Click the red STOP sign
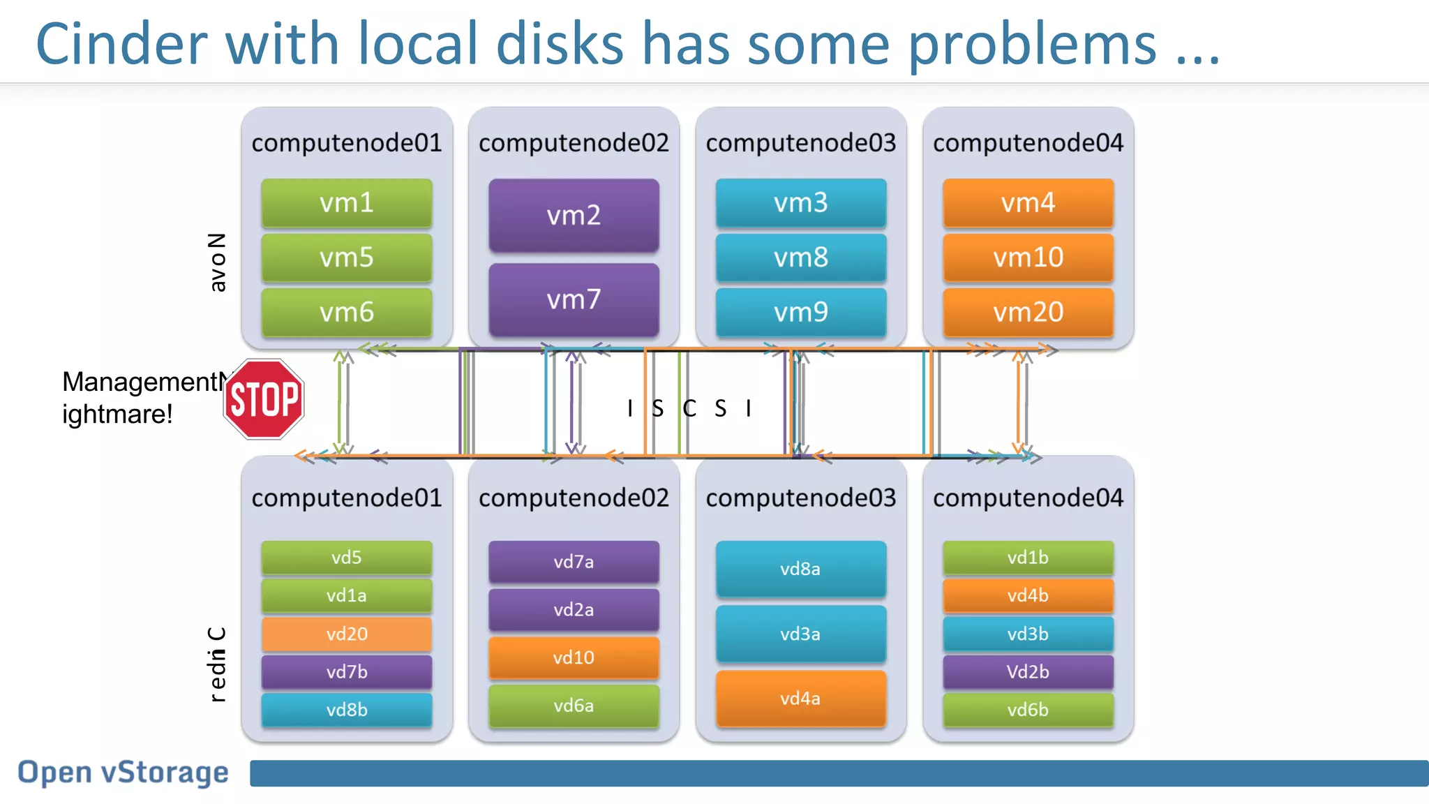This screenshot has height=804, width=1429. tap(264, 399)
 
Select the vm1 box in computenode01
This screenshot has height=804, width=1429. tap(347, 203)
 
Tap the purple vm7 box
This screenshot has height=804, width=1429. tap(574, 299)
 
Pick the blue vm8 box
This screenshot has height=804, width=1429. tap(800, 258)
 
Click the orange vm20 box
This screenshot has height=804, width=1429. tap(1028, 312)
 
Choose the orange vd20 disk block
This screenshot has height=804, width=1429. tap(347, 634)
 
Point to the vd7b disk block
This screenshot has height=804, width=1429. tap(347, 671)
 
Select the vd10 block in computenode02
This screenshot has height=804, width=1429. tap(574, 657)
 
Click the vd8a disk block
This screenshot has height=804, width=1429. tap(800, 569)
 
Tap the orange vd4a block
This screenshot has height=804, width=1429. tap(800, 699)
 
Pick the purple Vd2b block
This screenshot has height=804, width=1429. tap(1028, 671)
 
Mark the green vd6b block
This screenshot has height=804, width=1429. tap(1028, 710)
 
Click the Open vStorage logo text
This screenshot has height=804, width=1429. tap(123, 773)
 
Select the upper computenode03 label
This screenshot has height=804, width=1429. tap(800, 142)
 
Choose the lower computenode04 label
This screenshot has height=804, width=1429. tap(1028, 498)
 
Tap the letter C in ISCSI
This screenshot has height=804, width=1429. tap(689, 408)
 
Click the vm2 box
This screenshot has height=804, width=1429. tap(574, 215)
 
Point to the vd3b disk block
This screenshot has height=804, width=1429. tap(1028, 634)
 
